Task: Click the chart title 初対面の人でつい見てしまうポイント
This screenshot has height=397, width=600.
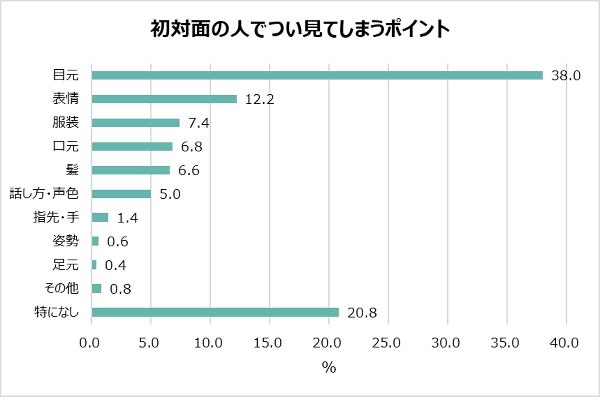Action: tap(300, 29)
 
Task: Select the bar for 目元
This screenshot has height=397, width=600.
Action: tap(317, 75)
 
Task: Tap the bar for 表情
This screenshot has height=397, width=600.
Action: tap(164, 99)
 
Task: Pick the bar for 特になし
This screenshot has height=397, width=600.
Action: tap(215, 312)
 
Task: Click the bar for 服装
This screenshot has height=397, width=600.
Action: tap(135, 122)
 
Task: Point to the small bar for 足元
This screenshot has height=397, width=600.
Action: tap(94, 265)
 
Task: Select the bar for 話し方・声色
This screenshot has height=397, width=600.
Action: tap(121, 194)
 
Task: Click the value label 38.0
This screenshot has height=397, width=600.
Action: tap(565, 76)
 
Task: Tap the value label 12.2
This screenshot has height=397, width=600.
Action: tap(259, 99)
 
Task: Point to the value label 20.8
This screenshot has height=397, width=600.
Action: tap(362, 312)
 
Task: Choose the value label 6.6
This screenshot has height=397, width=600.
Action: tap(189, 170)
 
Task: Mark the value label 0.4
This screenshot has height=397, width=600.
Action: tap(115, 265)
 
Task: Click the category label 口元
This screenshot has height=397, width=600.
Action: tap(66, 146)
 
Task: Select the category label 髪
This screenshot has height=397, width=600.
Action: tap(72, 170)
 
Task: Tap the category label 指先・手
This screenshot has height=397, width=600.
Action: tap(56, 217)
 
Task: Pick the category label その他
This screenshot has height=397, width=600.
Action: tap(61, 288)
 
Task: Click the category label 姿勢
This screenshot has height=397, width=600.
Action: tap(66, 241)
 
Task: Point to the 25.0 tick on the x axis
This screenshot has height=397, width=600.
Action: tap(386, 342)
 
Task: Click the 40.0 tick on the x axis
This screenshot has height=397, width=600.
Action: tap(564, 342)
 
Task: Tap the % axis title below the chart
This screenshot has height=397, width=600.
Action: tap(329, 367)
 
